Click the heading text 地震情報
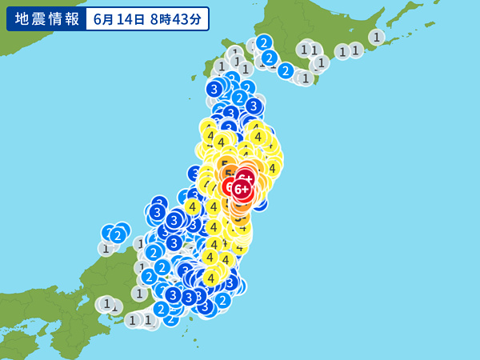coord(45,18)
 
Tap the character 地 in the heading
coord(19,18)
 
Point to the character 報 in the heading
coord(71,18)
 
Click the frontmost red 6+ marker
coord(242,189)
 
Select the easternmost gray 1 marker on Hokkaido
coord(376,36)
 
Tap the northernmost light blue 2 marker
coord(264,42)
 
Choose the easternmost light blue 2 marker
coord(286,70)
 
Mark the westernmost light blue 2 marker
coord(118,234)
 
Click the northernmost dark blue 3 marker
coord(214,89)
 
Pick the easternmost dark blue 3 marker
coord(254,106)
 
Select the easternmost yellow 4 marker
coord(273,167)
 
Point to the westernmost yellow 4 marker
coord(192,206)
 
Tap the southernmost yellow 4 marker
coord(210,278)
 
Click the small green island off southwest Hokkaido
coord(195,78)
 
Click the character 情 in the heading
coord(54,18)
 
